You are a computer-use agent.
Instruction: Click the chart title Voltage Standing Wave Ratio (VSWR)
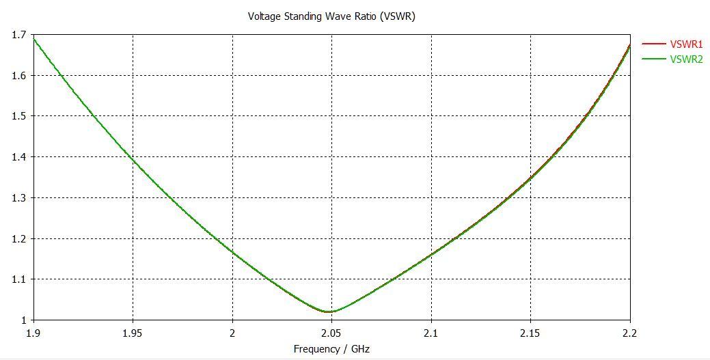tap(331, 16)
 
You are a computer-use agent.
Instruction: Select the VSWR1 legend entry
tap(687, 44)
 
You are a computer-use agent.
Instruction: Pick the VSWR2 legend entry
tap(687, 59)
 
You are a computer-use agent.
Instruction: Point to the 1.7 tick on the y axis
tap(19, 34)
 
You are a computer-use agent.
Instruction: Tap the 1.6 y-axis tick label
tap(19, 75)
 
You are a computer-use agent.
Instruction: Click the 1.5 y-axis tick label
tap(19, 116)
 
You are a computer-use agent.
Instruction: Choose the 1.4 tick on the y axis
tap(19, 157)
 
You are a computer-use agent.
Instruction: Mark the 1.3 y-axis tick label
tap(19, 198)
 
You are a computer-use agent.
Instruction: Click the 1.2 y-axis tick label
tap(19, 238)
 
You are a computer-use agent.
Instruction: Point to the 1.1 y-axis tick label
tap(19, 279)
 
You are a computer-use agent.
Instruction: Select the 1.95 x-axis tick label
tap(133, 333)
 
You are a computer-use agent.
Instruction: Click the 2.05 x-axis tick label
tap(331, 333)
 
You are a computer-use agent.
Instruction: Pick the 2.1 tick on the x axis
tap(431, 333)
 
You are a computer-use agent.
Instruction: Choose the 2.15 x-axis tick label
tap(530, 333)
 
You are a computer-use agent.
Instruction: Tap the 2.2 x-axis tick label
tap(629, 333)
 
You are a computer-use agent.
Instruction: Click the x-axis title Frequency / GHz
tap(331, 349)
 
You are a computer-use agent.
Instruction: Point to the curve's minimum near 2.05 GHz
tap(329, 311)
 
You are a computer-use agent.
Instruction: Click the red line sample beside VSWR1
tap(654, 44)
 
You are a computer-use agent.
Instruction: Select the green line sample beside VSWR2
tap(654, 59)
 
